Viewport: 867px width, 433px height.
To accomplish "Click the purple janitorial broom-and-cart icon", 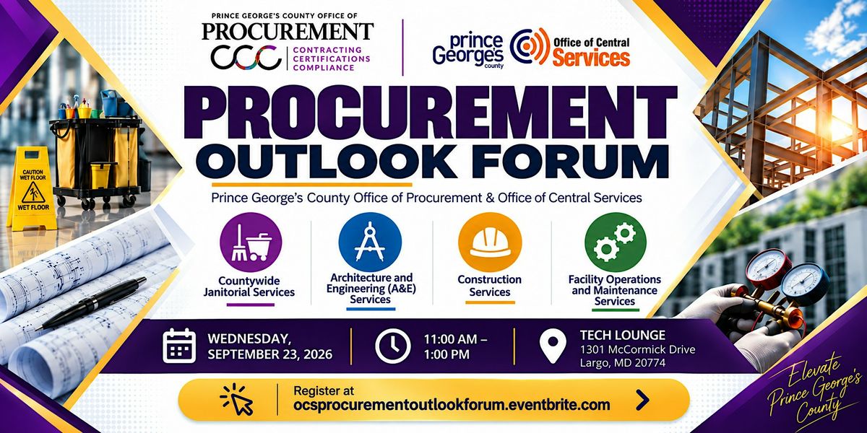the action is coord(251,242).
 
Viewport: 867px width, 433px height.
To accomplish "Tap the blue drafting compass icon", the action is coord(370,242).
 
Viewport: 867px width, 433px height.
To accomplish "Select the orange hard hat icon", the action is coord(490,242).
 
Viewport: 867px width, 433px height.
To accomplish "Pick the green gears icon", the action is coord(616,242).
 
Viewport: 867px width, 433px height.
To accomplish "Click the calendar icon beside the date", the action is coord(179,346).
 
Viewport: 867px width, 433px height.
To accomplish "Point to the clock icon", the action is coord(393,346).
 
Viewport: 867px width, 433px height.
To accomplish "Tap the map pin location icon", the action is coord(553,346).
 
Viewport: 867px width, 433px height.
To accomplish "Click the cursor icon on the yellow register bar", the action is coord(236,400).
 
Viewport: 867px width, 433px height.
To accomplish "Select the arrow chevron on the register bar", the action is coord(642,400).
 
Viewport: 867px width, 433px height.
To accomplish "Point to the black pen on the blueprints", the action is coord(92,303).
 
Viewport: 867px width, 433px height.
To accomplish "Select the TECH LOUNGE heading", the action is coord(622,335).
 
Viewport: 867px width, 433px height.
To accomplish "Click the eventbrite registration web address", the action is coord(452,405).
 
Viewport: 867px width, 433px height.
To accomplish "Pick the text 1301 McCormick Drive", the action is coord(637,349).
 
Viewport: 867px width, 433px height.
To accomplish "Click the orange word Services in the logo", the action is coord(592,58).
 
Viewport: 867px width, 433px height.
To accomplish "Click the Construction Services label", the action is coord(490,285).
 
